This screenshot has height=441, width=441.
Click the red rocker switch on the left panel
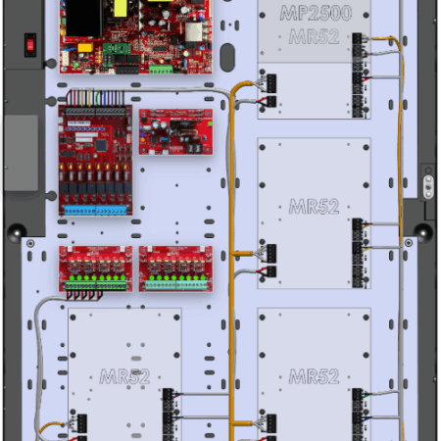click(30, 45)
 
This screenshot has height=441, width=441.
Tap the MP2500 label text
click(316, 14)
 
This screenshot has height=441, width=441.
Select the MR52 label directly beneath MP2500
click(314, 36)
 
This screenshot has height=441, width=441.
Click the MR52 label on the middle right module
click(314, 207)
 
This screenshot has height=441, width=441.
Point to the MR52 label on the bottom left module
click(124, 376)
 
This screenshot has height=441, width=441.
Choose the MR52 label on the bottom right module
click(314, 376)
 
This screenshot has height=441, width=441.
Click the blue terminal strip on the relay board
click(95, 210)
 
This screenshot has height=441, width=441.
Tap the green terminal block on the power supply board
click(161, 69)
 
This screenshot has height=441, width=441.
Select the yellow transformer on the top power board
click(121, 8)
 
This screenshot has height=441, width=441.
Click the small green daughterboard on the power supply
click(117, 49)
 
